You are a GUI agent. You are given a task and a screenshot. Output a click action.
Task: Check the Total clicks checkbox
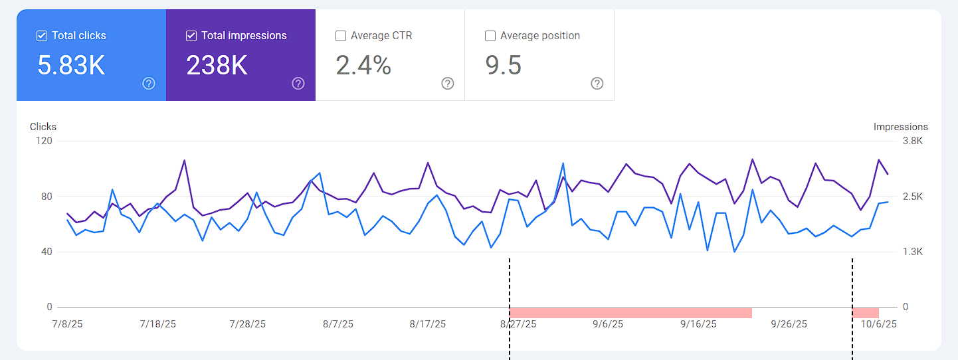coord(42,36)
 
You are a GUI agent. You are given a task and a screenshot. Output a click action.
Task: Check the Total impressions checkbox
coord(191,36)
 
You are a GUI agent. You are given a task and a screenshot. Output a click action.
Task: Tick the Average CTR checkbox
coord(341,36)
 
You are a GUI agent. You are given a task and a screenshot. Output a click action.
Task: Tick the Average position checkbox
coord(490,36)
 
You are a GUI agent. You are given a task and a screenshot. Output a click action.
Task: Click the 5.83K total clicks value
coord(71,66)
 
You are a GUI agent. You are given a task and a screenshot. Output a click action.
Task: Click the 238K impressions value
coord(217,66)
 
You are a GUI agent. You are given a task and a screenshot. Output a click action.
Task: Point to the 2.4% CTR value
coord(363,66)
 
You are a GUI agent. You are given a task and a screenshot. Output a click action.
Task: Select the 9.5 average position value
coord(503,66)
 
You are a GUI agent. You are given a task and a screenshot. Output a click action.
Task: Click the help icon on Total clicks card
coord(149,83)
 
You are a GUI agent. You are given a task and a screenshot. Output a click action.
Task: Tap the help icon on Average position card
coord(597,83)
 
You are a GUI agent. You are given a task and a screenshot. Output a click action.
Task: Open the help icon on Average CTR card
coord(448,83)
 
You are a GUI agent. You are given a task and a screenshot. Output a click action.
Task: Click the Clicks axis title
coord(43,127)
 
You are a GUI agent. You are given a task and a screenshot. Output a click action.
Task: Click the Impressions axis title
coord(900,127)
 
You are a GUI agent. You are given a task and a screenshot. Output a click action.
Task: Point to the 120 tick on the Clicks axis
coord(45,141)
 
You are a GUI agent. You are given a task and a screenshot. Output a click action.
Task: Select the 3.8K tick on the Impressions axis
coord(911,141)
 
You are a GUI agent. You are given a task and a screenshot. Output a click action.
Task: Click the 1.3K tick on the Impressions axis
coord(911,252)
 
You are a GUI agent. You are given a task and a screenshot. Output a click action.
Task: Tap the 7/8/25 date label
coord(67,324)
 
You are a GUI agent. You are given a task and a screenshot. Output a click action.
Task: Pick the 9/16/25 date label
coord(698,324)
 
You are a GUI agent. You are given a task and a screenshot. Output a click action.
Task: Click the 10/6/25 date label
coord(879,324)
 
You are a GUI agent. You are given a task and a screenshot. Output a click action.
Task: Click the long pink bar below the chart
coord(630,313)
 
